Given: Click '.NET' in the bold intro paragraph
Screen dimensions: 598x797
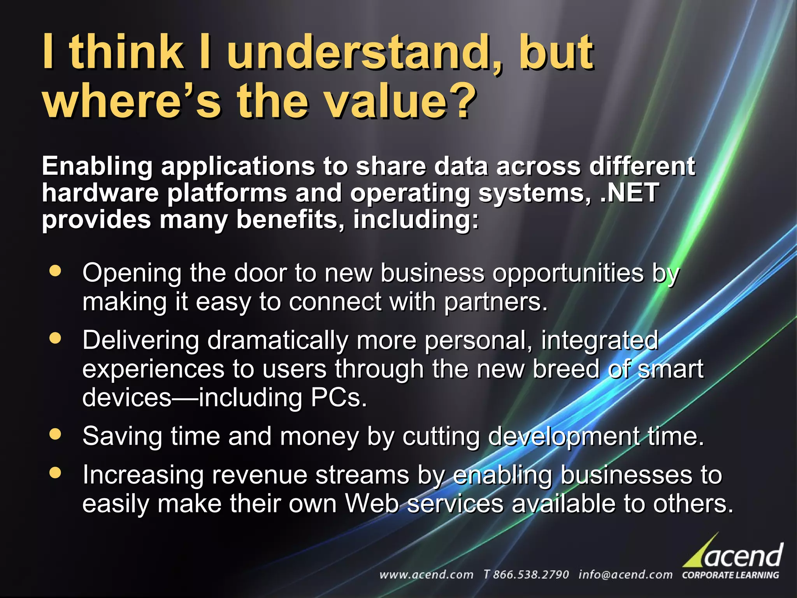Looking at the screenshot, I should click(x=629, y=193).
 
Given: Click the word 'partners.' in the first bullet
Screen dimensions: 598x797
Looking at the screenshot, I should click(x=496, y=302).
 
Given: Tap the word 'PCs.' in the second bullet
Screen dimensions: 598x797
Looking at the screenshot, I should click(x=339, y=397).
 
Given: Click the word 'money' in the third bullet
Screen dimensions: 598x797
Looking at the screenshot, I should click(x=319, y=436).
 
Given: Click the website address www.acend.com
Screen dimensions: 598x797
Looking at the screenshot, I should click(x=426, y=575).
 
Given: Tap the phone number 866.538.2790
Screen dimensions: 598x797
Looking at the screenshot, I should click(x=530, y=575).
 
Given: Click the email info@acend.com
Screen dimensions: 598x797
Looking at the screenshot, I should click(x=625, y=575).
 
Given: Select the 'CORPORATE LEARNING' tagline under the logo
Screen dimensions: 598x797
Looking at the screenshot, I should click(x=730, y=575).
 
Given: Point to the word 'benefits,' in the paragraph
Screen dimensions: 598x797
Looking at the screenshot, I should click(x=290, y=220).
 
